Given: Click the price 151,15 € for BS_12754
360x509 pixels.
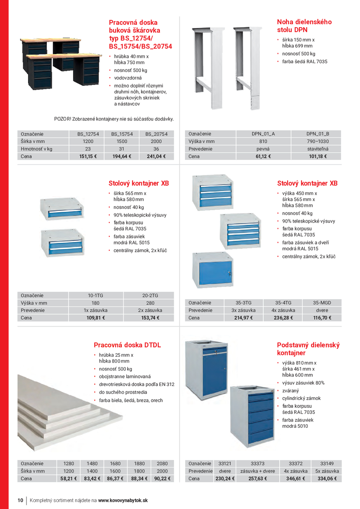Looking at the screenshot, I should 88,157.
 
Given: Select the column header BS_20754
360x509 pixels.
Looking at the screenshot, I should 156,134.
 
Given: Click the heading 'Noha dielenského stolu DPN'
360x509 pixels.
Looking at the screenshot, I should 304,26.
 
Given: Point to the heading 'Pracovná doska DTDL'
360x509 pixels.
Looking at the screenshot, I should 127,345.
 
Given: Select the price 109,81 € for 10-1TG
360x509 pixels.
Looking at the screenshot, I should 95,318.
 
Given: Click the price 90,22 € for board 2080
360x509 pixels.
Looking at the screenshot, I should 162,478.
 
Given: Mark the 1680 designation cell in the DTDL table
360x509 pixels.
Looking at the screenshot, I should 115,463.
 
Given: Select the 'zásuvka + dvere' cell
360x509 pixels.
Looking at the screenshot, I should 257,471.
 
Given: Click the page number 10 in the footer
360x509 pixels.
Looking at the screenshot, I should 20,500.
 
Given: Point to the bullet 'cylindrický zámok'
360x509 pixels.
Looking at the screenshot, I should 301,398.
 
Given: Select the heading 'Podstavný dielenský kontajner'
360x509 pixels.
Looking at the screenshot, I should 308,349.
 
